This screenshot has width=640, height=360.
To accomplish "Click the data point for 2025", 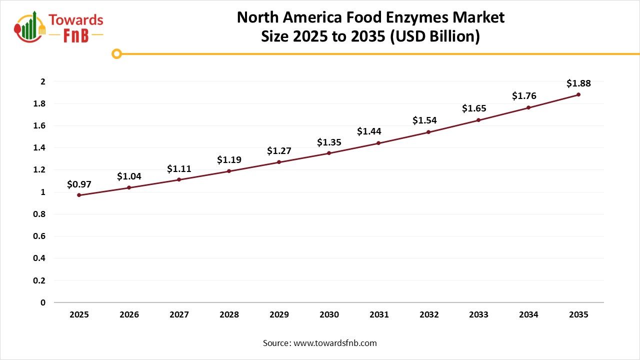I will (x=79, y=195).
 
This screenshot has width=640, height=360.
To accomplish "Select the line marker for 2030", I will (x=329, y=153).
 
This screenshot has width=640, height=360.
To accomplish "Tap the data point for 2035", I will (x=578, y=94).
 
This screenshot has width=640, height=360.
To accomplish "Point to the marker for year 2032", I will (x=428, y=132).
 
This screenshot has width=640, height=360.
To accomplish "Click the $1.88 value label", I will (x=578, y=83).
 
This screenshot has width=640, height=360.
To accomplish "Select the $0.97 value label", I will (x=79, y=184).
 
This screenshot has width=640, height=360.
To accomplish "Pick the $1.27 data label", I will (x=279, y=150).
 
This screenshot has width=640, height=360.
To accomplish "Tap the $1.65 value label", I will (x=474, y=108).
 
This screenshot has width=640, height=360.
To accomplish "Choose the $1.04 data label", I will (x=129, y=176).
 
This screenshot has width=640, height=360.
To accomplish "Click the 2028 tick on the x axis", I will (x=229, y=315).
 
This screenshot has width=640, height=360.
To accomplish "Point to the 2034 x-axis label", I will (x=528, y=315).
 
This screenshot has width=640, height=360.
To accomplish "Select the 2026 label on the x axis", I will (x=129, y=315).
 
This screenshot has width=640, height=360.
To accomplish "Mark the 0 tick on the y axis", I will (x=43, y=302).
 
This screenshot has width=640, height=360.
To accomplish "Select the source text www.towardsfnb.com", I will (x=319, y=343).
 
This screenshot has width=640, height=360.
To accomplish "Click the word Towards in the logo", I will (x=76, y=20).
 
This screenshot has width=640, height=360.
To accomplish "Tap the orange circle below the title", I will (x=117, y=53).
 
